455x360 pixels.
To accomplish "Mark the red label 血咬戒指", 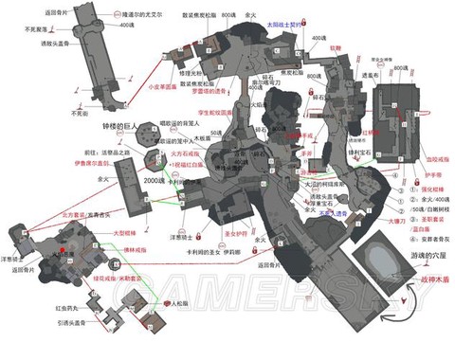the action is [417, 159].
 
